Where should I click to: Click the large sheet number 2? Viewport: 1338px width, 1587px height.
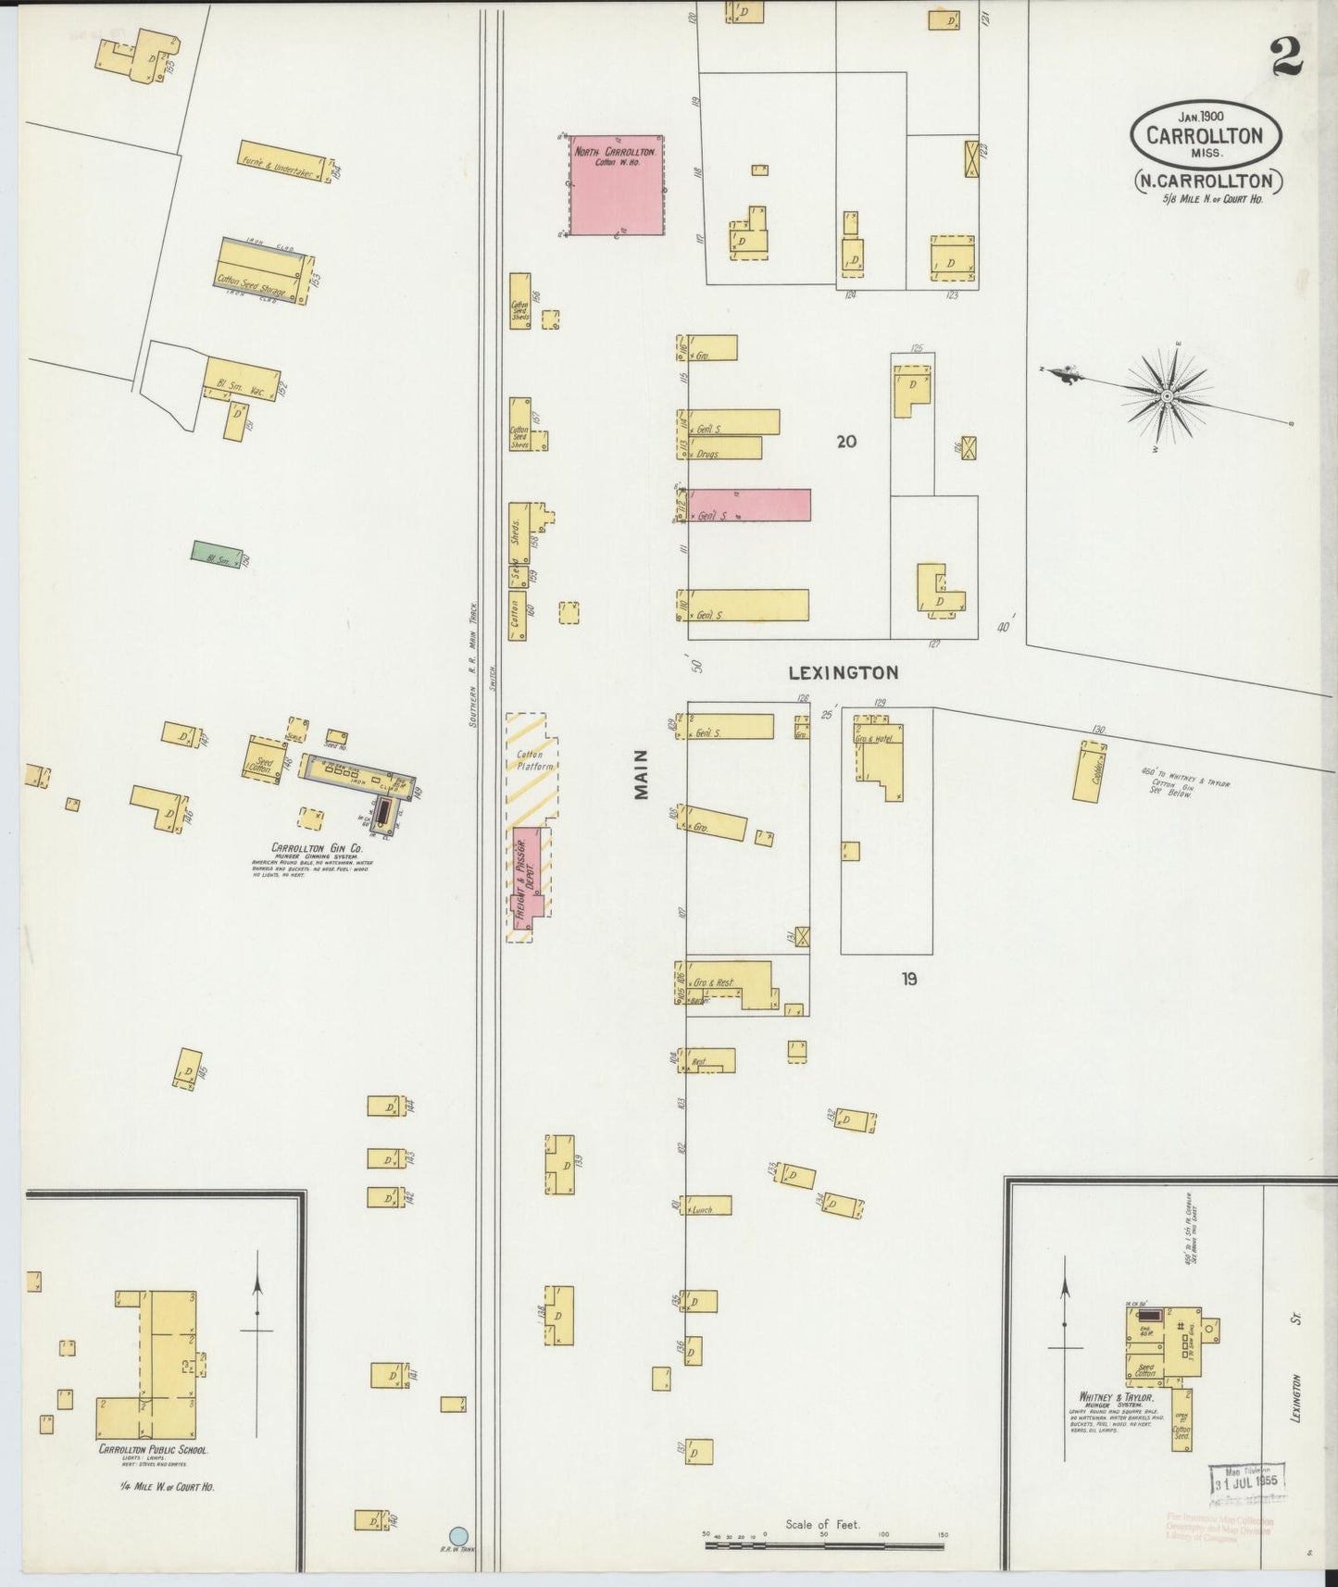1286,57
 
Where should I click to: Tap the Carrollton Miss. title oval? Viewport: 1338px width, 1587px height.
1205,135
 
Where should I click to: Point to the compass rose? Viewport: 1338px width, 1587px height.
1168,396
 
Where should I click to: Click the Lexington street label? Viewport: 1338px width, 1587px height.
843,673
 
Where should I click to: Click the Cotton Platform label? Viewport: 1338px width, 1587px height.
534,760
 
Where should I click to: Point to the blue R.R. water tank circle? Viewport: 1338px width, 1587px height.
457,1535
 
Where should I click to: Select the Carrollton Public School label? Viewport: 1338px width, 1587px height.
153,1450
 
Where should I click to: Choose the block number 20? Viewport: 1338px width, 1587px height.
845,442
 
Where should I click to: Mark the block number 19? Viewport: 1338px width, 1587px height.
908,978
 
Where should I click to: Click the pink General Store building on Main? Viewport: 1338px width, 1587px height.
749,506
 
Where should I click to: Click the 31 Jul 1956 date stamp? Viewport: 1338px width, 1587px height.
1245,1481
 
